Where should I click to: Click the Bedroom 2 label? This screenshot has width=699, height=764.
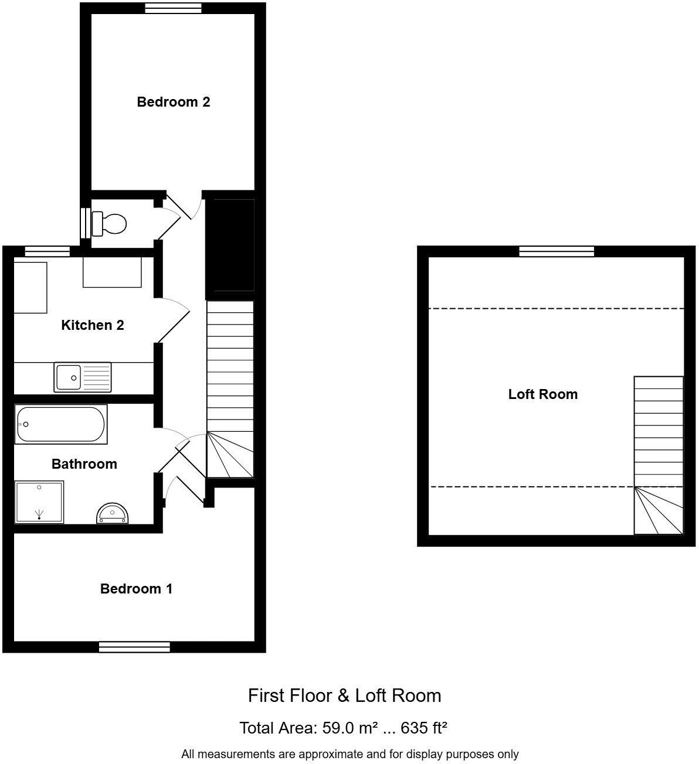173,102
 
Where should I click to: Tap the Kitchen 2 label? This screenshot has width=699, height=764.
93,325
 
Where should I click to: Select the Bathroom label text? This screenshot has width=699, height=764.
84,464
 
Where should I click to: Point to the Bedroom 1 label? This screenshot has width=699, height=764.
136,589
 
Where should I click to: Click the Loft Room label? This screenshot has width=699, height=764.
542,394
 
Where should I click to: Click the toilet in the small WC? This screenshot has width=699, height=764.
110,224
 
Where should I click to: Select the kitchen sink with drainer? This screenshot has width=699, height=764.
83,377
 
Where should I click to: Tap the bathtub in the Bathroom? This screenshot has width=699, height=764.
61,424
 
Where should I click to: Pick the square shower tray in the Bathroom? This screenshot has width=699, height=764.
39,502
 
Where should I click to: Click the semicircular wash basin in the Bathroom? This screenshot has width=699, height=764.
112,513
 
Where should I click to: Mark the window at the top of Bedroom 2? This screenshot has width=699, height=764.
173,8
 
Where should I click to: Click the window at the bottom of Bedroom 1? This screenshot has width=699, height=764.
134,646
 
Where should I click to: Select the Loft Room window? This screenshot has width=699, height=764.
557,251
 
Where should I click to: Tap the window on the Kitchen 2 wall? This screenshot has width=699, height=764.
47,251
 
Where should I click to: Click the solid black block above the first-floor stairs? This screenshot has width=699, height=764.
230,245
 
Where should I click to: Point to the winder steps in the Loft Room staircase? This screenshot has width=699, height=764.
659,511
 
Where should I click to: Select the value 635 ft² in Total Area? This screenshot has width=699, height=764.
424,728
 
